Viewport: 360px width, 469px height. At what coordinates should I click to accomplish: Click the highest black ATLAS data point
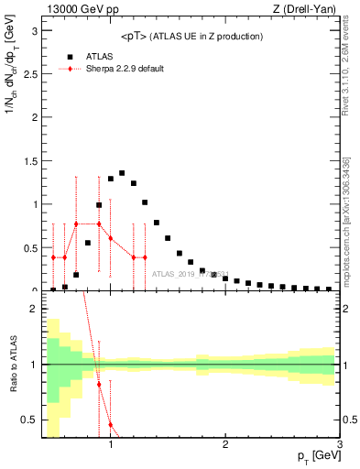122,172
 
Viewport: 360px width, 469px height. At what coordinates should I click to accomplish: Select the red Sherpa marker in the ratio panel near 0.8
99,384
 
